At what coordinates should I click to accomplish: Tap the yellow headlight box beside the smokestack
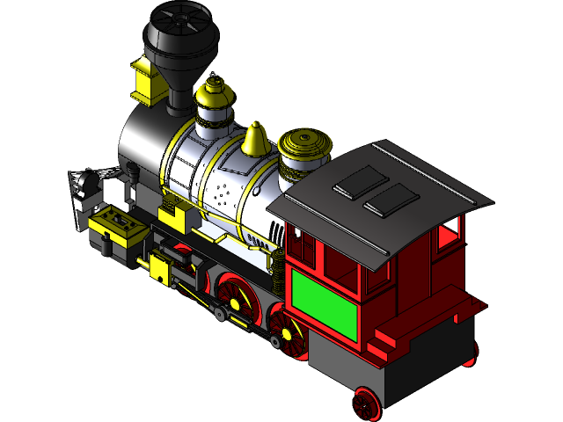pos(148,79)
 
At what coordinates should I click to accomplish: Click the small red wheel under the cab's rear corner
pos(365,403)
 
